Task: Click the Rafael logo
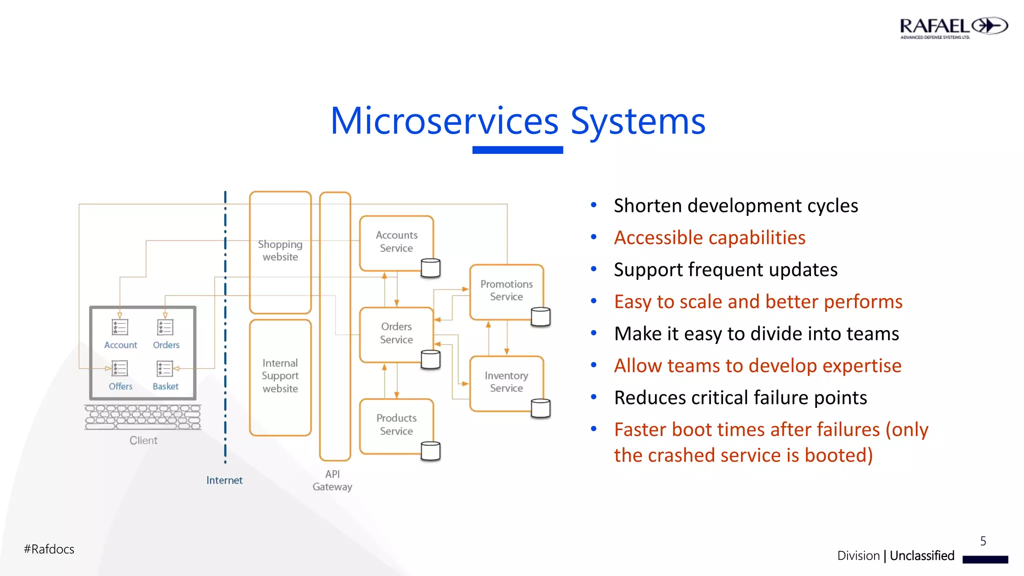953,28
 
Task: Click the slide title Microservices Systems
517,121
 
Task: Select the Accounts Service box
396,242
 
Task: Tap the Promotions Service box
506,290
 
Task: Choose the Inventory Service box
506,382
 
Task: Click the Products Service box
396,424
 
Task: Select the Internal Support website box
280,376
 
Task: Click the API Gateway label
332,480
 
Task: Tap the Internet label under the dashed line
224,480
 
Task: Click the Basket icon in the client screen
164,369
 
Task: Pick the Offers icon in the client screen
119,369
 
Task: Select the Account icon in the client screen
119,327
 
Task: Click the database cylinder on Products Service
430,451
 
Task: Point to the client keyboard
143,417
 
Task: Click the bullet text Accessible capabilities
709,238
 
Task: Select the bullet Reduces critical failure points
740,398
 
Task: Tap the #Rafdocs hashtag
49,549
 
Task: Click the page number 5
983,541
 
